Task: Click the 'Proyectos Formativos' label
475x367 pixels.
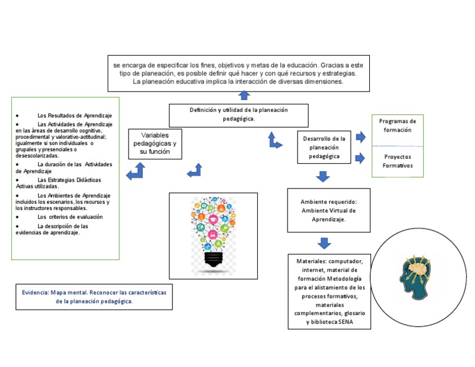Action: point(397,161)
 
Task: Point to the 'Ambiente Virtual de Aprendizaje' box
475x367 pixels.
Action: point(328,210)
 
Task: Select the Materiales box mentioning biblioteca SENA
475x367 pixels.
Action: point(329,292)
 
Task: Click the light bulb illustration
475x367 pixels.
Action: point(213,234)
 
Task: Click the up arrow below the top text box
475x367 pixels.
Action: point(244,95)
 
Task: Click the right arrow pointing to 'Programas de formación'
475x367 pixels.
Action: point(361,137)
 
